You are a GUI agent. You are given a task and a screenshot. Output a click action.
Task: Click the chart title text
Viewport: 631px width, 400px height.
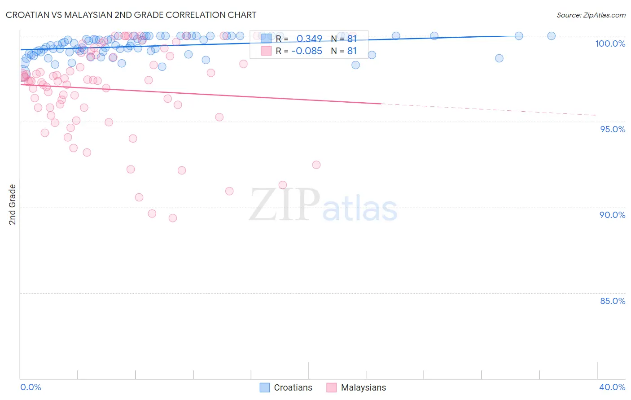pos(131,15)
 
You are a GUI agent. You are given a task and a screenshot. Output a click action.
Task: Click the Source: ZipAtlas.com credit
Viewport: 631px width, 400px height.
pos(591,15)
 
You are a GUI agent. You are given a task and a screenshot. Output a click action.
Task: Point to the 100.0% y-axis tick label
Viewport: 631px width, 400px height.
pos(610,43)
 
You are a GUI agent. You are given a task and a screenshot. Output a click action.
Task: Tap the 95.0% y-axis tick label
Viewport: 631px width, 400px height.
pos(613,129)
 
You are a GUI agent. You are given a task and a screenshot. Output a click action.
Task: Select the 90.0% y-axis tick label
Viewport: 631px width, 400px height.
pos(612,215)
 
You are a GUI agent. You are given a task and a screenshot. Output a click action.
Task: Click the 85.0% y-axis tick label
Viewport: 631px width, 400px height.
pos(613,301)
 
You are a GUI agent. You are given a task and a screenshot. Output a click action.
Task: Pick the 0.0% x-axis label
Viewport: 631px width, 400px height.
pos(31,387)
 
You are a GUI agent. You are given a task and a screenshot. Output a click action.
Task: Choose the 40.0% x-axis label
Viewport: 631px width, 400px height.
pos(612,387)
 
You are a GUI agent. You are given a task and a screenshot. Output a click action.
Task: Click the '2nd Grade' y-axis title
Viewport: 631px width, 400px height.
pos(13,204)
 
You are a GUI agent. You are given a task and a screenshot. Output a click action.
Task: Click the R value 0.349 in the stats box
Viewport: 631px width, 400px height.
pos(309,39)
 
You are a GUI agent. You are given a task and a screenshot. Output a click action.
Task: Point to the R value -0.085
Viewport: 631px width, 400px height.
pos(307,51)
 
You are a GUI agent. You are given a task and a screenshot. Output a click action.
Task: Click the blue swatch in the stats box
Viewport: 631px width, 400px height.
pos(267,39)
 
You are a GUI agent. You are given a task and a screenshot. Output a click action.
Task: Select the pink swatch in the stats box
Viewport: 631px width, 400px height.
pos(267,51)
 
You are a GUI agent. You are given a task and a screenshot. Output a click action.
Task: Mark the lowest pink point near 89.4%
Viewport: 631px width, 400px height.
pos(173,218)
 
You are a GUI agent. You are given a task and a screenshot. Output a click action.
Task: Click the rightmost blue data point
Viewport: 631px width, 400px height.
pos(551,36)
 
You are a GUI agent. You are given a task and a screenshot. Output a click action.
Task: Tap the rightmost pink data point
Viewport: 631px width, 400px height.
pos(316,165)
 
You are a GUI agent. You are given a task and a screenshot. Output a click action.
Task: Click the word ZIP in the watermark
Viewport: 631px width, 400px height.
pos(285,205)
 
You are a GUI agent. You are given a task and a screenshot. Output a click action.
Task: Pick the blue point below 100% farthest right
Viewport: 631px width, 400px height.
pos(499,58)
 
